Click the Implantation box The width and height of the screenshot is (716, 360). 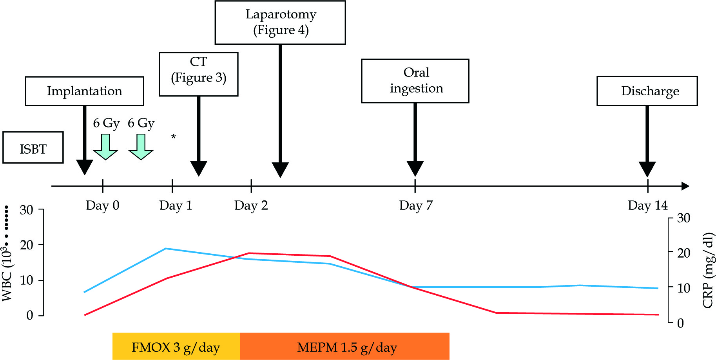click(84, 91)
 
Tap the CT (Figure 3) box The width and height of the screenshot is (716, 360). click(198, 74)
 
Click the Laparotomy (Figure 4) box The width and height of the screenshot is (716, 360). click(280, 22)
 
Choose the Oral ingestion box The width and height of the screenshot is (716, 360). click(415, 81)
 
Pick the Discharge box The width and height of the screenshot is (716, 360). click(647, 91)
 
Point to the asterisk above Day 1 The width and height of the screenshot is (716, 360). click(173, 137)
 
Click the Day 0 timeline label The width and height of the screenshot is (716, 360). click(102, 205)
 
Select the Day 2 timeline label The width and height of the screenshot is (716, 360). click(251, 205)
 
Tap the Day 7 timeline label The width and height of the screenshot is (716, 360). click(415, 205)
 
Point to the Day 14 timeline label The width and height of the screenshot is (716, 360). click(647, 205)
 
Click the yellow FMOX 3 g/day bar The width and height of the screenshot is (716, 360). click(176, 346)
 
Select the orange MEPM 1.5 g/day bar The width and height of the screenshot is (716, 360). click(344, 346)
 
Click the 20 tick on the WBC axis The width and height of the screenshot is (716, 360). click(27, 245)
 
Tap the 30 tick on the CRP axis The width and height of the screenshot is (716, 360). click(683, 218)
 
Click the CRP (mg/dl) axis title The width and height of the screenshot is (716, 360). click(708, 270)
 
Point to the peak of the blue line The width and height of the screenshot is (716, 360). click(166, 248)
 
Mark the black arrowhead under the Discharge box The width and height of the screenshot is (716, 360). click(647, 169)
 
